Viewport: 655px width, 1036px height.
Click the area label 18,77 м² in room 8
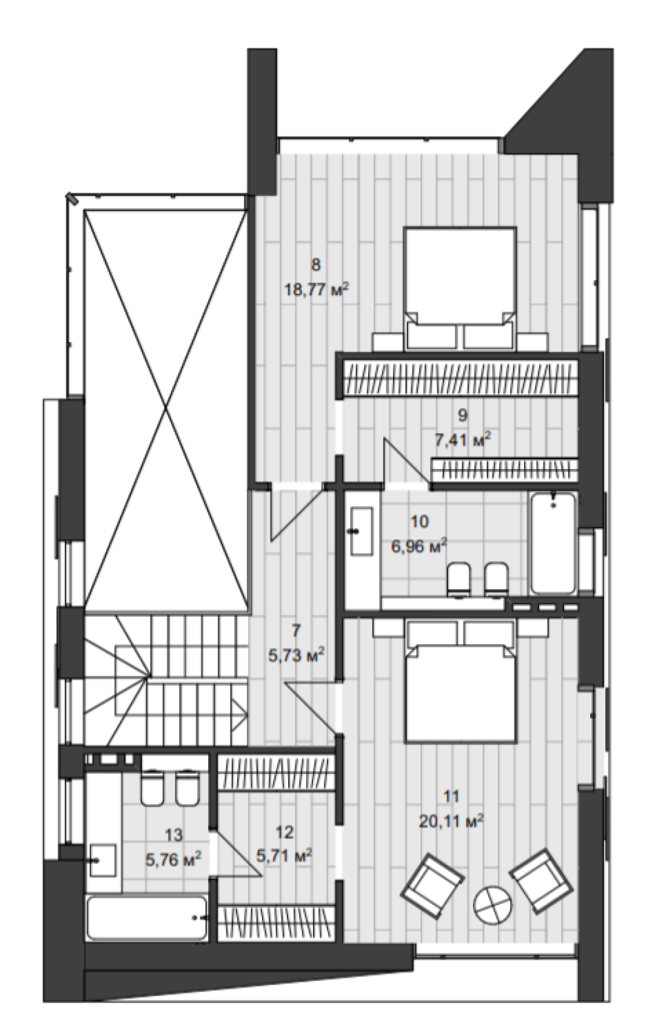[x=316, y=292]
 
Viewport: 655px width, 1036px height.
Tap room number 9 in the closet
[x=462, y=415]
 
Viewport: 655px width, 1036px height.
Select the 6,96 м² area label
[x=419, y=547]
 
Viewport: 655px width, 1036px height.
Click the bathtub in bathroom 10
[x=553, y=544]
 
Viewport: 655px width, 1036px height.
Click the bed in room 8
[x=460, y=288]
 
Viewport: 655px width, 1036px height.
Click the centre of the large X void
[x=166, y=406]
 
